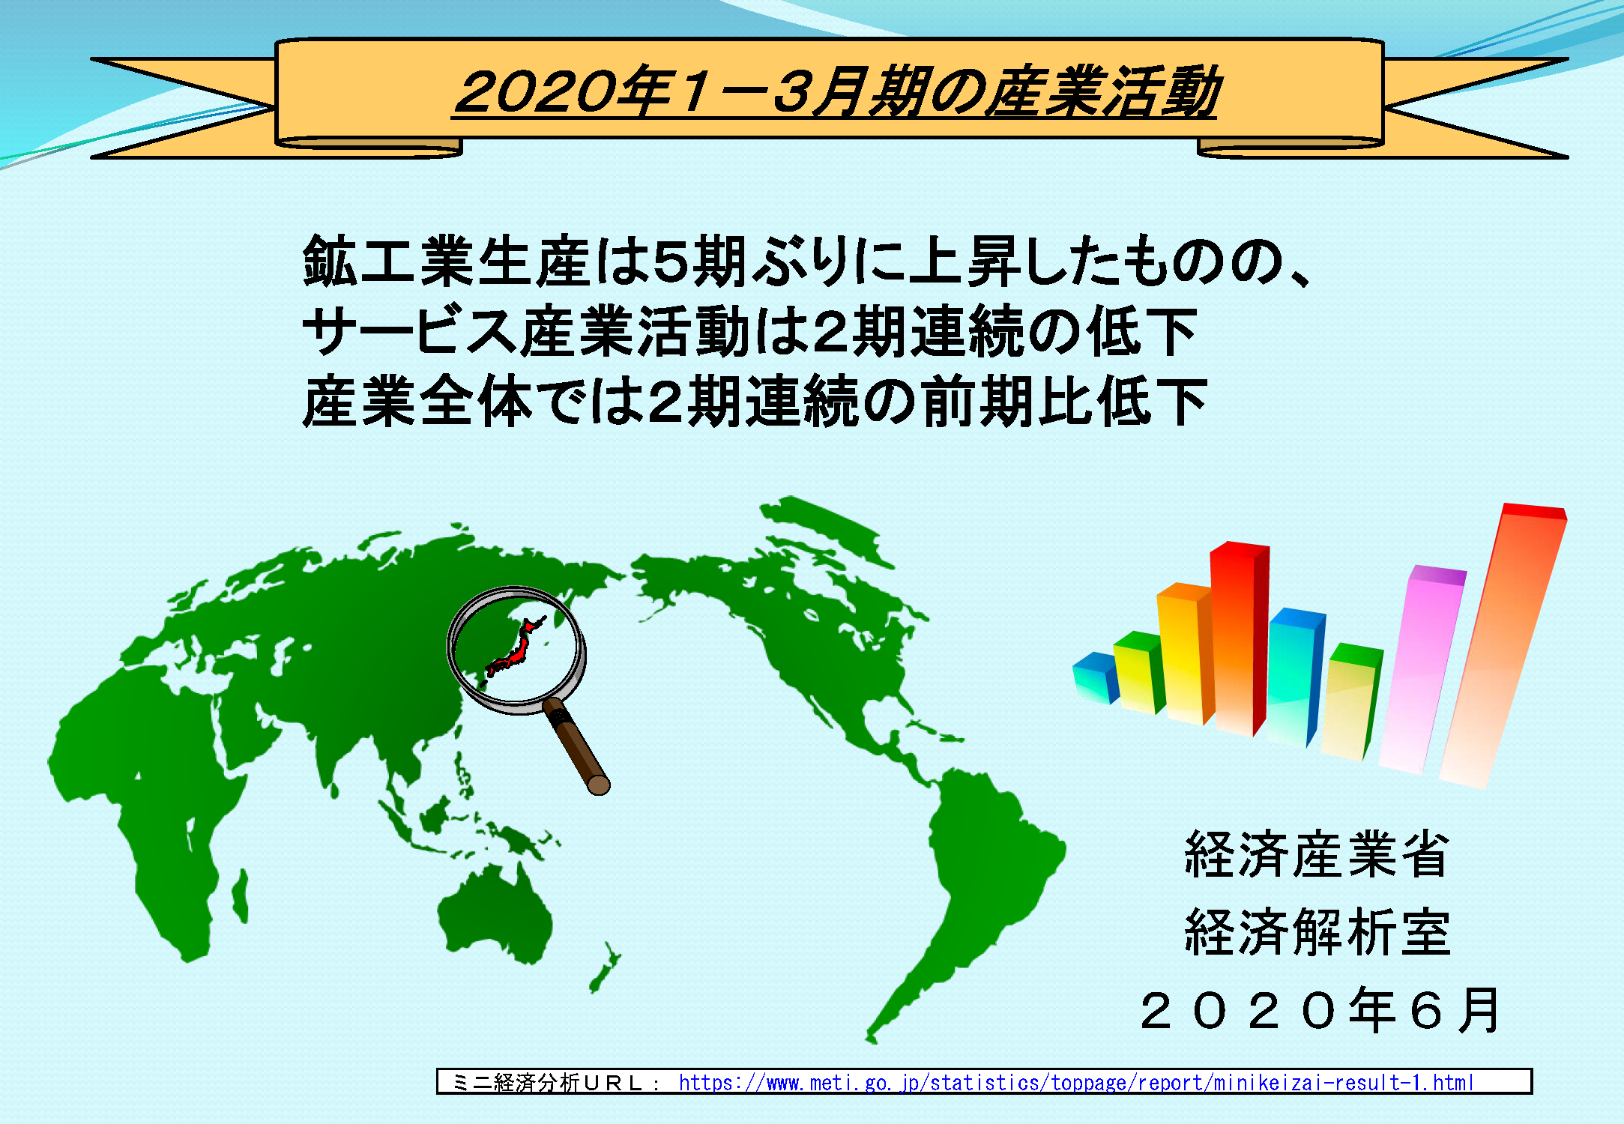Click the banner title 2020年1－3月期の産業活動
[836, 92]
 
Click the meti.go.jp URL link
[1076, 1083]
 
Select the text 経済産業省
[1317, 854]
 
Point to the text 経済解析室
[1317, 932]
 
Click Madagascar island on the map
[240, 896]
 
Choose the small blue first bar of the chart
[1096, 678]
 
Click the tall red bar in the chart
[1240, 637]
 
